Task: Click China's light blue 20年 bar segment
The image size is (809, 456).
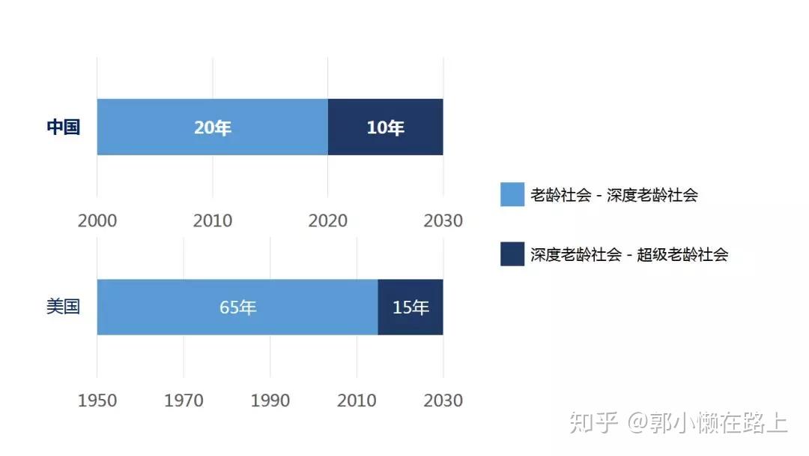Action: pos(213,127)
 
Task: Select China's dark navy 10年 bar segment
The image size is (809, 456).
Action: pos(386,127)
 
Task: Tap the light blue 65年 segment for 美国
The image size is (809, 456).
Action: pos(237,307)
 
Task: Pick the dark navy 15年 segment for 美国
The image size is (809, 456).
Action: pos(410,307)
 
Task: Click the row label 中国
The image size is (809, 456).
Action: pos(63,127)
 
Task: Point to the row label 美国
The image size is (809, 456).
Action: pos(63,307)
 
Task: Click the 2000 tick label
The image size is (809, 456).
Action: pos(97,221)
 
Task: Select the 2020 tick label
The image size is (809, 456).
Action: pos(327,221)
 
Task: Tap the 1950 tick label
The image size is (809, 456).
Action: pos(97,400)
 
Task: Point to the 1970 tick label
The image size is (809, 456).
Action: pos(184,400)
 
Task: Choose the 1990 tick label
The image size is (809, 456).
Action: pos(270,400)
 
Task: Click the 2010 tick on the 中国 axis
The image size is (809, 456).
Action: pos(213,221)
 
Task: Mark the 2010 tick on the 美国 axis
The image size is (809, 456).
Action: pos(357,400)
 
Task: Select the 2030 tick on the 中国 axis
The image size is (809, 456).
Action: pos(443,221)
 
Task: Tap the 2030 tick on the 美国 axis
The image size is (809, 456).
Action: pos(443,400)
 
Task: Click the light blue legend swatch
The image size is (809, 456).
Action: pos(512,194)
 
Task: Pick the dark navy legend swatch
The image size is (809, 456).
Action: pos(512,254)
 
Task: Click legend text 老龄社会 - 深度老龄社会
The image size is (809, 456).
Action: pos(614,195)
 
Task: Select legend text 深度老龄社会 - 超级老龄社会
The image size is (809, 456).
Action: pos(629,254)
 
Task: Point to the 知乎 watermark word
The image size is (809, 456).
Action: pos(594,422)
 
